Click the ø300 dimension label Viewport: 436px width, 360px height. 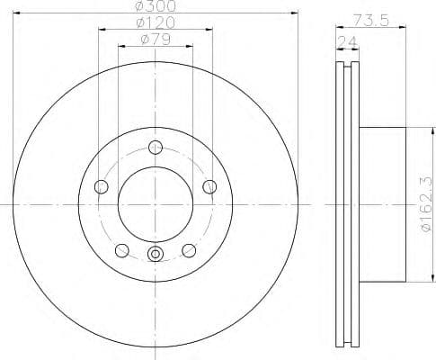coord(155,6)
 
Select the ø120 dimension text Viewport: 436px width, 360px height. coord(155,22)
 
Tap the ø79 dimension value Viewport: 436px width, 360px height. coord(155,38)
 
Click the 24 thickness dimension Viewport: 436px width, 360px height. coord(346,41)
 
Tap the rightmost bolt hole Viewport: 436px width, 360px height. coord(209,186)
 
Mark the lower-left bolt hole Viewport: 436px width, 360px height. coord(121,250)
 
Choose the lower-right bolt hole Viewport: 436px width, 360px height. coord(189,250)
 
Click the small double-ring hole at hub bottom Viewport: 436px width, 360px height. coord(155,255)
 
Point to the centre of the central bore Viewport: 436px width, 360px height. coord(155,204)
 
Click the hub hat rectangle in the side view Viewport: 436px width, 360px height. coord(383,204)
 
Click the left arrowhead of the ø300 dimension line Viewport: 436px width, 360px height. coord(16,13)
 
